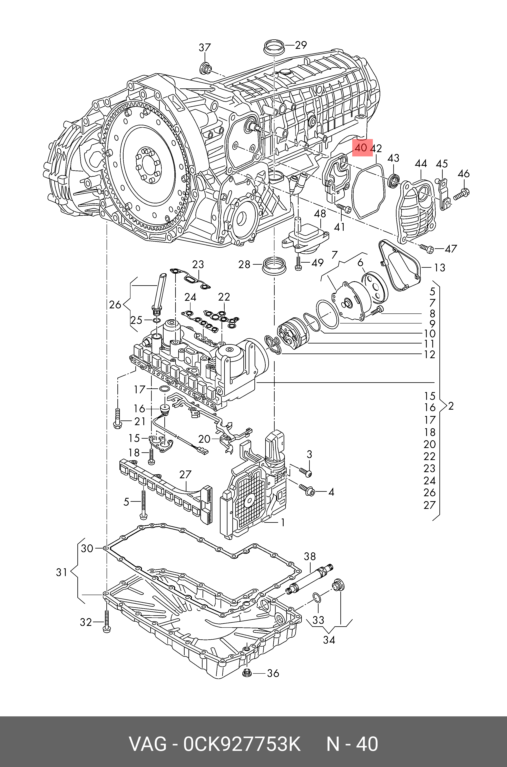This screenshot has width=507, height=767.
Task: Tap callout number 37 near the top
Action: (x=205, y=48)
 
